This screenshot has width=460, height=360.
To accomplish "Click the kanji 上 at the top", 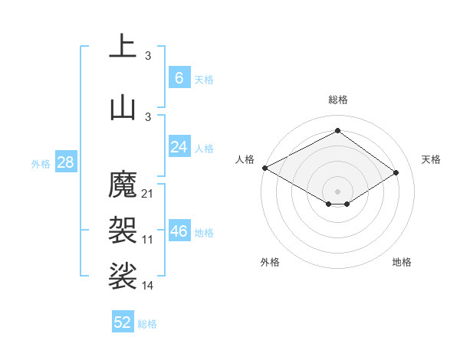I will tap(123, 47).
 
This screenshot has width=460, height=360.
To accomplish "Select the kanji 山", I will tap(123, 106).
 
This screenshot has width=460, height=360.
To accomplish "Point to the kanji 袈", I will tap(123, 227).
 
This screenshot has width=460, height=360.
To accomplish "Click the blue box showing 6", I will tap(179, 78).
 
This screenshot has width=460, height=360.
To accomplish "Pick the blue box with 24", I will tap(179, 147).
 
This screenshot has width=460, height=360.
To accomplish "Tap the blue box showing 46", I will tap(179, 231).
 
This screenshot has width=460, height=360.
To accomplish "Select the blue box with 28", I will tap(65, 162).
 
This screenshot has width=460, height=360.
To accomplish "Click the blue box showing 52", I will tap(123, 322).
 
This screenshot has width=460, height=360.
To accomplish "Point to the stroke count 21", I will tap(148, 194).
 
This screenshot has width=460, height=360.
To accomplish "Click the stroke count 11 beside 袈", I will tap(148, 240).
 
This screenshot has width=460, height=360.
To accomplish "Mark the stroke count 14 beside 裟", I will tap(148, 286).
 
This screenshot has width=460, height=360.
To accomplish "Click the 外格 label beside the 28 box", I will tap(41, 163).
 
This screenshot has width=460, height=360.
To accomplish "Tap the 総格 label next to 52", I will tap(147, 324).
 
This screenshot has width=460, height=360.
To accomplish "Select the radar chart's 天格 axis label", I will tap(431, 159).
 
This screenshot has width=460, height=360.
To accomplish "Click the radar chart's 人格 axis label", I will tap(245, 159).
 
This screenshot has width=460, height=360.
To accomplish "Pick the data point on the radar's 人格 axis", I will tap(264, 167).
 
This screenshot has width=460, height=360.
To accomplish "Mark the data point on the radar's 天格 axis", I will tap(396, 172).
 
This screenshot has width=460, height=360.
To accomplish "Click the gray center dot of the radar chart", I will tap(337, 191).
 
